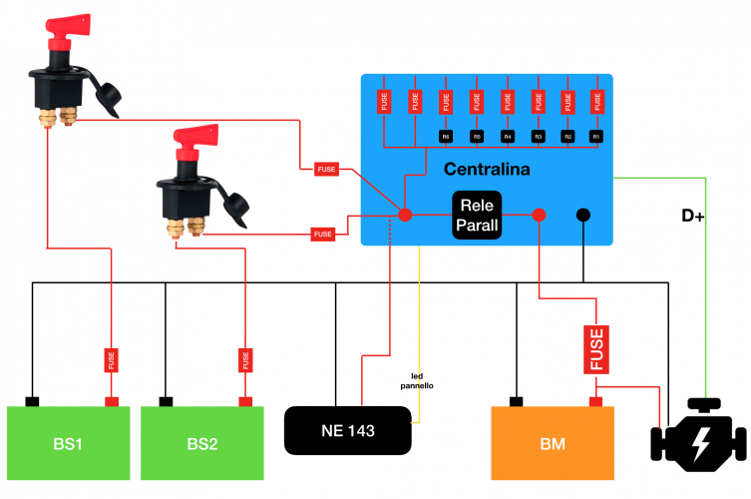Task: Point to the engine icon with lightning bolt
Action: tap(697, 439)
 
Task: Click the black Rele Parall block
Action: tap(477, 216)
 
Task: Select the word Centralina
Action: tap(486, 169)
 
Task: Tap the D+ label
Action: tap(692, 216)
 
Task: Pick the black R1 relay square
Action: tap(597, 135)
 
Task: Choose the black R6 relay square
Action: tap(446, 135)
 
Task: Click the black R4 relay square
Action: tap(507, 135)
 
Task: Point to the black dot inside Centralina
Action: tap(583, 215)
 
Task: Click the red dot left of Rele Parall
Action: tap(405, 215)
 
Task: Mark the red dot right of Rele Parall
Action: tap(539, 215)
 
